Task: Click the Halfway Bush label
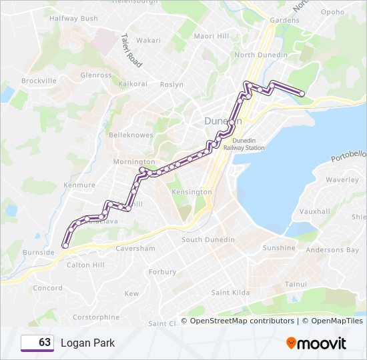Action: [73, 18]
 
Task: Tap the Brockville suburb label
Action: [39, 81]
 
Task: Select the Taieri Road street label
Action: [132, 51]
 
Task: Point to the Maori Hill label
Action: [211, 35]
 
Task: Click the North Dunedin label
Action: [261, 55]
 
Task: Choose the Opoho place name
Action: [332, 12]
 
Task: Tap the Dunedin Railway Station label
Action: [248, 145]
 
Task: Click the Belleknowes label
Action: [131, 135]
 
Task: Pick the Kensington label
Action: [192, 192]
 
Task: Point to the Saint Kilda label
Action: [230, 293]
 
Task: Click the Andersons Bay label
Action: [332, 251]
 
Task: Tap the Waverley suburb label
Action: [342, 180]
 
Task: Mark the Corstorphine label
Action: [95, 317]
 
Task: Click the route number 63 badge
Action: [37, 343]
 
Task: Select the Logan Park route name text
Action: [87, 343]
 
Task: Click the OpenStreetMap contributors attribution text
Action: [242, 321]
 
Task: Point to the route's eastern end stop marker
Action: [302, 95]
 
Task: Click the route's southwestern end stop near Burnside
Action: [65, 246]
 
